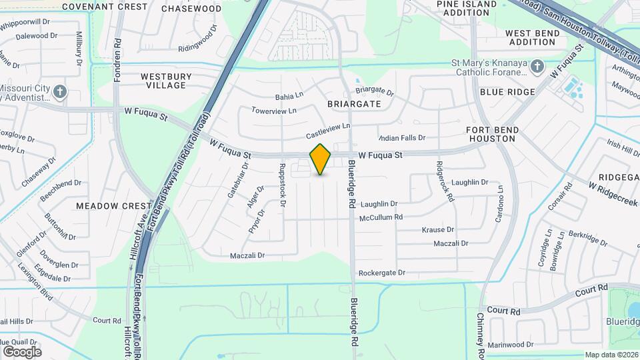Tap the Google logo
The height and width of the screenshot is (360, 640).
[22, 351]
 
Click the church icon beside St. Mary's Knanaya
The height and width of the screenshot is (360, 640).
[538, 67]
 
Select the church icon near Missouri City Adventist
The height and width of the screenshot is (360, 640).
[61, 91]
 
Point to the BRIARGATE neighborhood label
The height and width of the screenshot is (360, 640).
[354, 104]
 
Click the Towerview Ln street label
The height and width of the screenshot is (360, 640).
[273, 111]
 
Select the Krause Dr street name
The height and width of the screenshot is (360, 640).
[438, 229]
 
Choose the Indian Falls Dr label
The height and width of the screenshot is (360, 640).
[402, 137]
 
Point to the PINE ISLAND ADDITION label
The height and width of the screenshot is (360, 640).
[467, 8]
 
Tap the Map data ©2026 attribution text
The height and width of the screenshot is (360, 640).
[611, 355]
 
